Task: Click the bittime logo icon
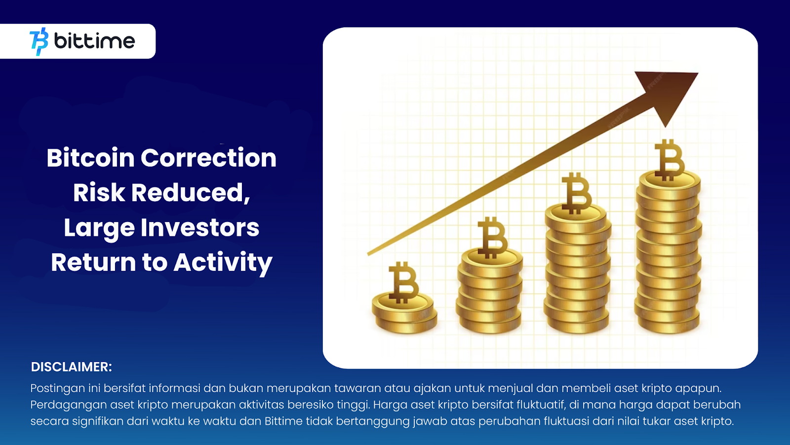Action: (x=39, y=42)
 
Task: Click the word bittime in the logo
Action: (x=94, y=41)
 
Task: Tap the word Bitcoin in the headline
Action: (x=91, y=158)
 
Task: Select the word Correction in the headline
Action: (x=208, y=158)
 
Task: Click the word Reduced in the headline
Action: (x=190, y=193)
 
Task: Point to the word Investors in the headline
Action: (x=200, y=228)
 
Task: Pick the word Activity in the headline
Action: (x=223, y=263)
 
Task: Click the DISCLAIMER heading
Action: (x=72, y=367)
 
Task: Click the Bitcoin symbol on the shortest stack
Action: (x=403, y=282)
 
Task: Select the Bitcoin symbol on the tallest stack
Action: (x=669, y=160)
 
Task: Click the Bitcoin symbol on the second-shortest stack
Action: (x=492, y=237)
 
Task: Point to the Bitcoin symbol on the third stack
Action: (x=576, y=193)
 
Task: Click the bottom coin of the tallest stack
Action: (x=668, y=324)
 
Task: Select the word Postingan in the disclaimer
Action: (x=57, y=389)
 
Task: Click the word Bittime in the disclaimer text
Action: (x=283, y=421)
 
